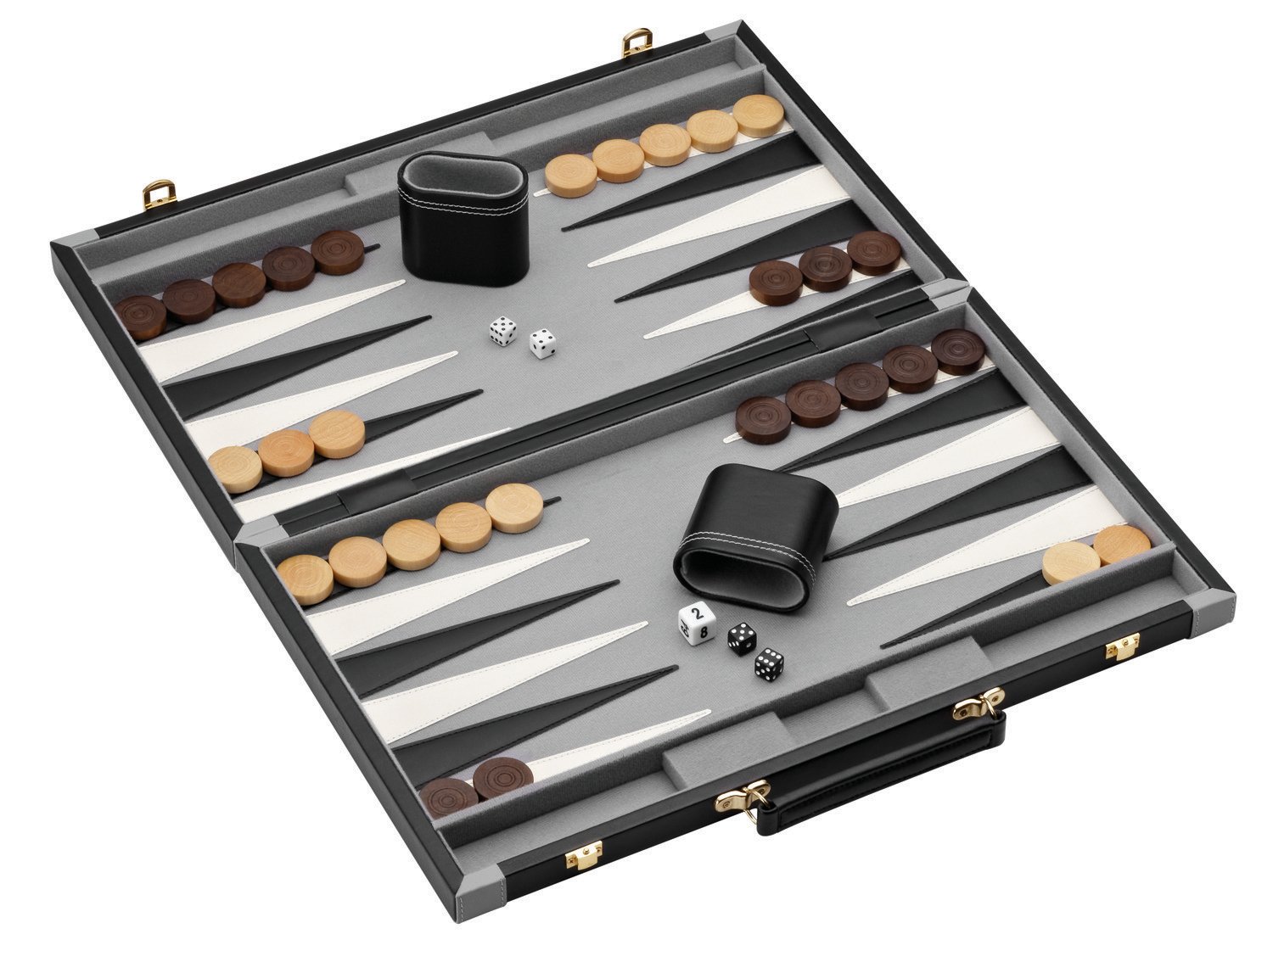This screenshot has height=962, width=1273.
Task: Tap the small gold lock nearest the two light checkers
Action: click(x=1113, y=650)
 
